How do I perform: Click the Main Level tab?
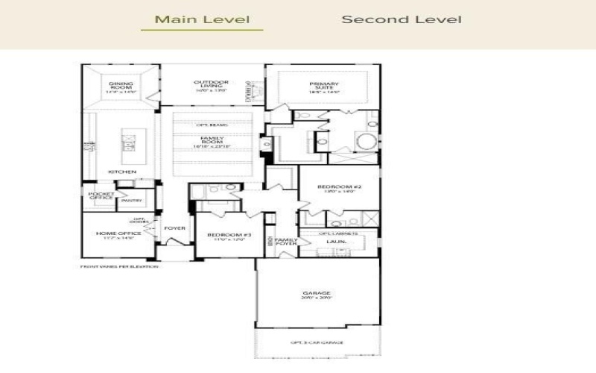point(202,19)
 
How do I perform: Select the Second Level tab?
point(401,19)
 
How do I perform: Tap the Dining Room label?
point(121,86)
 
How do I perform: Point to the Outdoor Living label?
point(211,85)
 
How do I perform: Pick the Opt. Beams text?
point(212,125)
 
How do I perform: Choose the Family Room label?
point(212,141)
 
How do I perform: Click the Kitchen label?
point(122,172)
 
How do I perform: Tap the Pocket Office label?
point(101,196)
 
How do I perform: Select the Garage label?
point(317,294)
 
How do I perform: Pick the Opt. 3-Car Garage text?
point(317,342)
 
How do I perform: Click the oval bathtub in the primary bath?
point(366,142)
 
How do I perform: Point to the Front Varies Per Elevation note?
point(119,266)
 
